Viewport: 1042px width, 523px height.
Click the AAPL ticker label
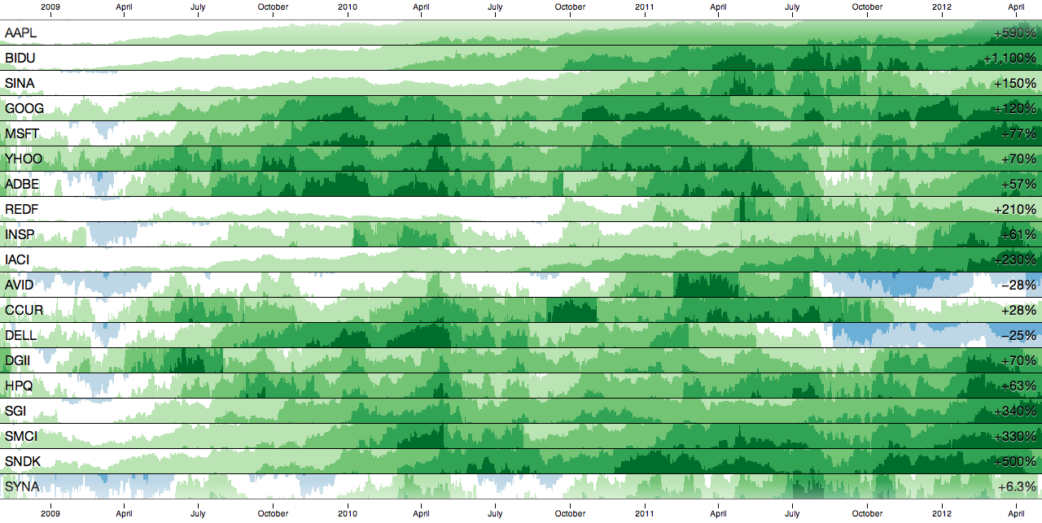tap(20, 33)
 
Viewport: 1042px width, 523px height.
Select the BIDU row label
tap(20, 59)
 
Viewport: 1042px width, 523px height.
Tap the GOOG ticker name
tap(24, 109)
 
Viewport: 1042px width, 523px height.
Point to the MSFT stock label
tap(22, 134)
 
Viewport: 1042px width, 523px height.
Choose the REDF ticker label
tap(22, 210)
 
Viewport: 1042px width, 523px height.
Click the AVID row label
tap(20, 285)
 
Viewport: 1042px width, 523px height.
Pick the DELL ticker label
tap(20, 336)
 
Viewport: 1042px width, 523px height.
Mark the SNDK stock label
tap(23, 462)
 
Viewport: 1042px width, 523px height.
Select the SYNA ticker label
tap(22, 487)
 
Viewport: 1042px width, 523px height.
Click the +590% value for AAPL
tap(1015, 33)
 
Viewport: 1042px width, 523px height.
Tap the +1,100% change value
tap(1009, 59)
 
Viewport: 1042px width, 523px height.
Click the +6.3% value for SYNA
tap(1017, 487)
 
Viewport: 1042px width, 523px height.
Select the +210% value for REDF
tap(1015, 210)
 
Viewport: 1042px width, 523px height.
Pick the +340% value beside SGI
tap(1015, 412)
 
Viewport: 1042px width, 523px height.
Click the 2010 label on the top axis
tap(348, 7)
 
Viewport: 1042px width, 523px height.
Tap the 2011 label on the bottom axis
tap(645, 513)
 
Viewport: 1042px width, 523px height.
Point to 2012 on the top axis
tap(942, 7)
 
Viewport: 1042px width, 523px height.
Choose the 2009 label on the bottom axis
tap(50, 513)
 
